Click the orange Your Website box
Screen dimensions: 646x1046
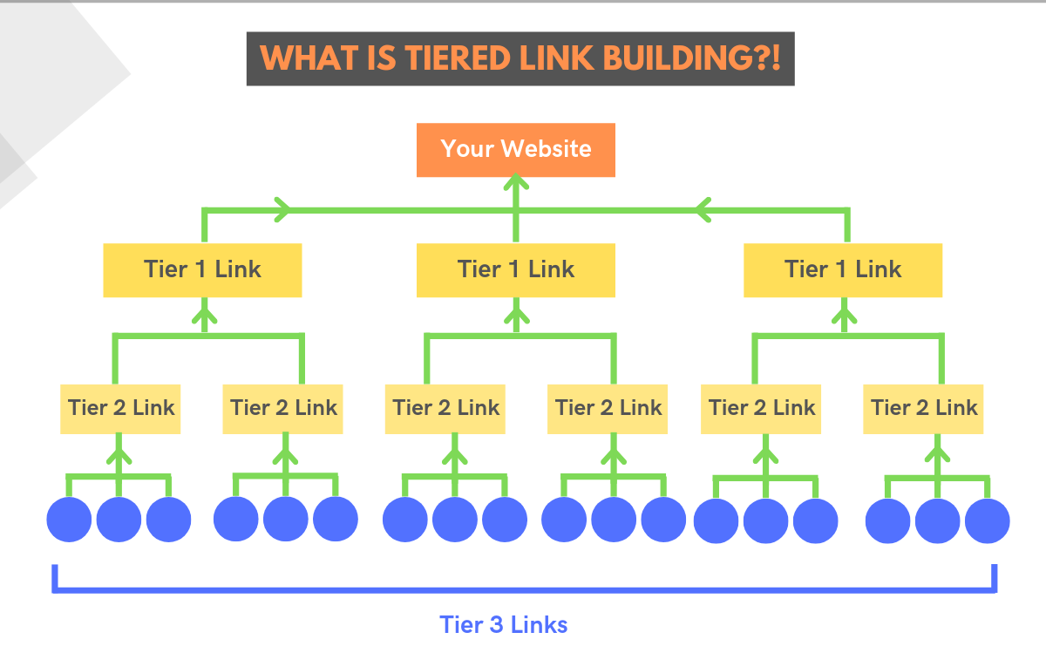(515, 149)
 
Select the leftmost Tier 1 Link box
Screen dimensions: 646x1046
(202, 269)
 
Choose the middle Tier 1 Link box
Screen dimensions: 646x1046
(515, 269)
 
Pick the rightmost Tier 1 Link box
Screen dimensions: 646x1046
(842, 269)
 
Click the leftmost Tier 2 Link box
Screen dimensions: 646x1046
(120, 408)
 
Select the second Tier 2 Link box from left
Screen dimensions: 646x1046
(282, 408)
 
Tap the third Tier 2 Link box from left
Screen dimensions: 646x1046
(445, 408)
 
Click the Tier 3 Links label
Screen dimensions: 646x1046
(503, 624)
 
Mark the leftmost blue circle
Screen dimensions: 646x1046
(69, 520)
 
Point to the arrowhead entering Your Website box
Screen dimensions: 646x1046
(515, 182)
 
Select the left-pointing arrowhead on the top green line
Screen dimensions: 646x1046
(703, 209)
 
